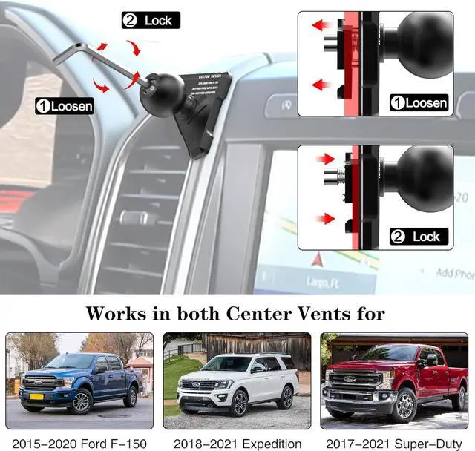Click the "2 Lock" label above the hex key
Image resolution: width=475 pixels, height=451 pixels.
(151, 20)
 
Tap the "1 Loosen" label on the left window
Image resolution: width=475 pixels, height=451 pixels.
(65, 106)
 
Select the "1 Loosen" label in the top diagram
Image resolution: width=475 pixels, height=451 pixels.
(420, 103)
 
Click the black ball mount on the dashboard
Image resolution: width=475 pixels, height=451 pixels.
(158, 93)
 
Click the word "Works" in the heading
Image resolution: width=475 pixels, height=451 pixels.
(116, 313)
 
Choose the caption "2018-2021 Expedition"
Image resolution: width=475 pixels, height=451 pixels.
(236, 443)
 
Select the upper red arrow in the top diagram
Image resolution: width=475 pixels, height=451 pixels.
(321, 25)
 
